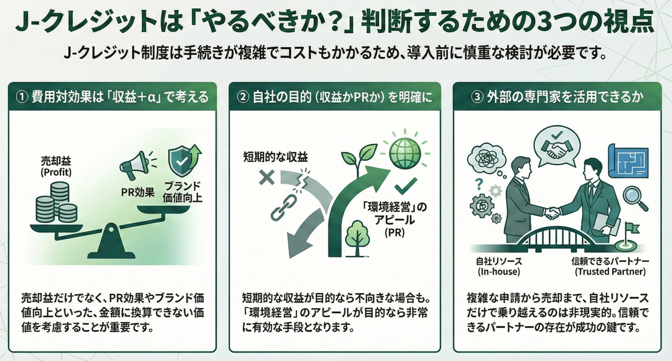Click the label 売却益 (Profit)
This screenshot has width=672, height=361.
[x=56, y=166]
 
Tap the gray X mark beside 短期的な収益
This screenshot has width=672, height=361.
[x=267, y=177]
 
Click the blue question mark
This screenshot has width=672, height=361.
[x=479, y=184]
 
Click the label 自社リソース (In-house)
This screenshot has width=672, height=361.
[x=499, y=266]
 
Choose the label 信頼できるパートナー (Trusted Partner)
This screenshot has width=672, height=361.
[x=610, y=266]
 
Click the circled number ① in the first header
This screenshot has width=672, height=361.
[x=22, y=97]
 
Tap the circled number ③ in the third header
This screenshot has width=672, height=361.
[x=477, y=97]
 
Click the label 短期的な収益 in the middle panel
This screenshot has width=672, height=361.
[x=275, y=157]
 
